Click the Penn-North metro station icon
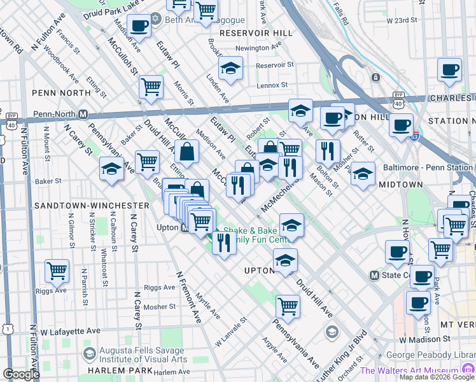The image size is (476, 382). point(83,115)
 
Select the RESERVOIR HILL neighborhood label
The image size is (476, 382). point(256,32)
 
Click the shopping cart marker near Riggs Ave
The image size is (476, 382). point(57,271)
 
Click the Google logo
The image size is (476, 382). point(21,374)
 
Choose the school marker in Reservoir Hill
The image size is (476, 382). point(230,68)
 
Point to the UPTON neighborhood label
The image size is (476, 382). point(258,271)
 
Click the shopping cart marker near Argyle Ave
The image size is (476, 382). point(288,306)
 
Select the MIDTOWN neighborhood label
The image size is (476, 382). point(401,184)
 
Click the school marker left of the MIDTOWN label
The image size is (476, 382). point(363,173)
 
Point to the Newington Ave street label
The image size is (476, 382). point(258,47)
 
